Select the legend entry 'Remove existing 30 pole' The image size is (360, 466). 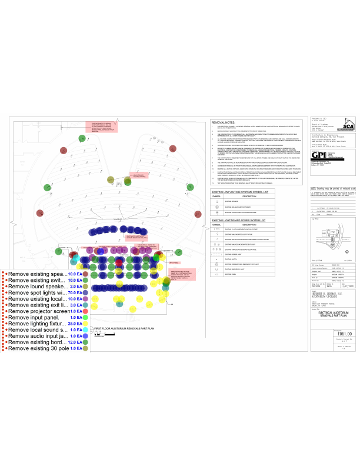coord(39,348)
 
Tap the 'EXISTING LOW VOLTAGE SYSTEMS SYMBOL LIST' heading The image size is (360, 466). coord(241,174)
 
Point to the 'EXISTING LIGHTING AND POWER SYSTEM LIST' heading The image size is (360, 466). coord(241,202)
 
